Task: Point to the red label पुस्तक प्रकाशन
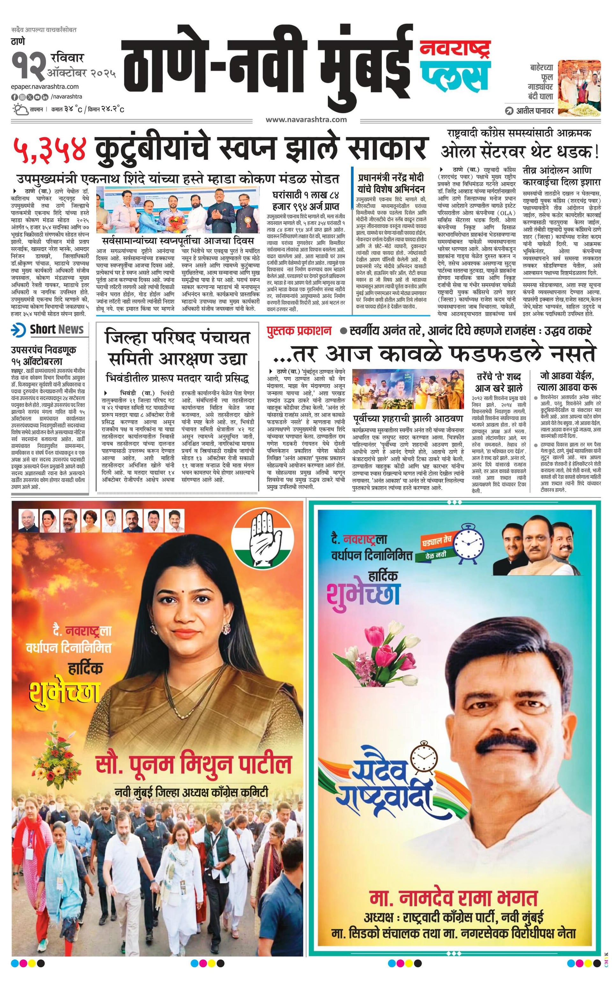(299, 331)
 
